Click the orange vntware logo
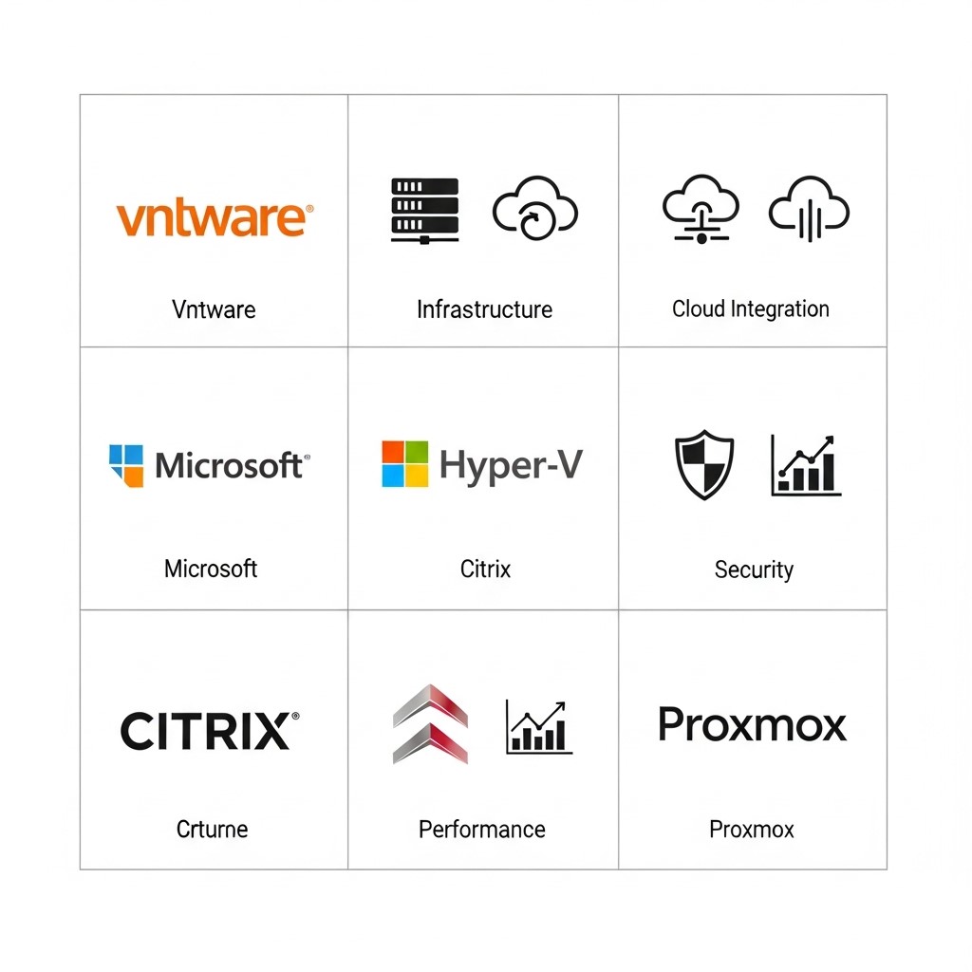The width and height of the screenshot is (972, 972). point(215,217)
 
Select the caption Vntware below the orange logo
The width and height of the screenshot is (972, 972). point(214,309)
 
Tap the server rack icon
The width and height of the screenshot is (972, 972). point(424,211)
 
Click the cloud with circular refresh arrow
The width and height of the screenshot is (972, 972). point(535,208)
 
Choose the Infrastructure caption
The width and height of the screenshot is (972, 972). point(484,309)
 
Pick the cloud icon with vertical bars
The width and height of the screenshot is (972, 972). point(809,209)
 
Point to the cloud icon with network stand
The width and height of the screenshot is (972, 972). point(701,209)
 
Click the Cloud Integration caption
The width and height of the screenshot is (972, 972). point(751,308)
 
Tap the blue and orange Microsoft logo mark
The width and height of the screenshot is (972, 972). point(126,465)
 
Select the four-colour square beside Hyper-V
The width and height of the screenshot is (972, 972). point(404,464)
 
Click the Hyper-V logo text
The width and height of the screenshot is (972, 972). point(511,466)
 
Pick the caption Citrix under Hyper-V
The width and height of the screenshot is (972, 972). point(485,569)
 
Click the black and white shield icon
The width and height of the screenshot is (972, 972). point(704,464)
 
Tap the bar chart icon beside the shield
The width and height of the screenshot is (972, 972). point(806,465)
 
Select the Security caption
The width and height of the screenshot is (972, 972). point(754,570)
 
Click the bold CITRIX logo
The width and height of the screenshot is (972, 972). point(210,731)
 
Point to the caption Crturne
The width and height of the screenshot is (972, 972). point(212,829)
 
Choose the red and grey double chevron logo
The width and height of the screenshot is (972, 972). point(430,724)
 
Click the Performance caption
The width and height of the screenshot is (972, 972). point(481,830)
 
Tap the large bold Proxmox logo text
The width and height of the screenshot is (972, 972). point(752,724)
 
